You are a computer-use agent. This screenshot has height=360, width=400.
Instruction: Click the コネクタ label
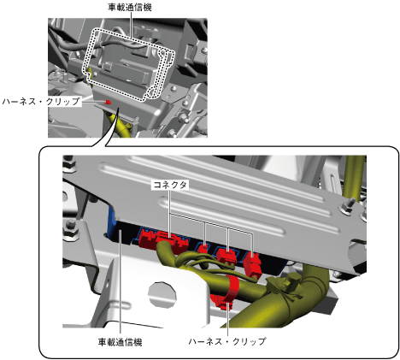pos(170,185)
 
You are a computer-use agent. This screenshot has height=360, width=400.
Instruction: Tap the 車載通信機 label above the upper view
pos(130,7)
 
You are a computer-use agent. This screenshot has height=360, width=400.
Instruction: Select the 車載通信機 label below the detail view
pos(121,342)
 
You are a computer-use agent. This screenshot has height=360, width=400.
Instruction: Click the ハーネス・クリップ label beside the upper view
pos(41,101)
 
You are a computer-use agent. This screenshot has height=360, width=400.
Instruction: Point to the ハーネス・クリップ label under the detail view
pos(227,341)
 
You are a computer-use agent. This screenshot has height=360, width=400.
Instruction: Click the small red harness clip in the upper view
pos(108,102)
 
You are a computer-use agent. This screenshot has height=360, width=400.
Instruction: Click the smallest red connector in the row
pos(203,247)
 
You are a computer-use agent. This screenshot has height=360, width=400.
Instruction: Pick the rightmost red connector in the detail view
pos(253,264)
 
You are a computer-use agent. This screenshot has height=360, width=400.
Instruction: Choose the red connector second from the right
pos(226,255)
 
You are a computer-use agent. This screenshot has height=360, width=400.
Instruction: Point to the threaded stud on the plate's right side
pos(348,206)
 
